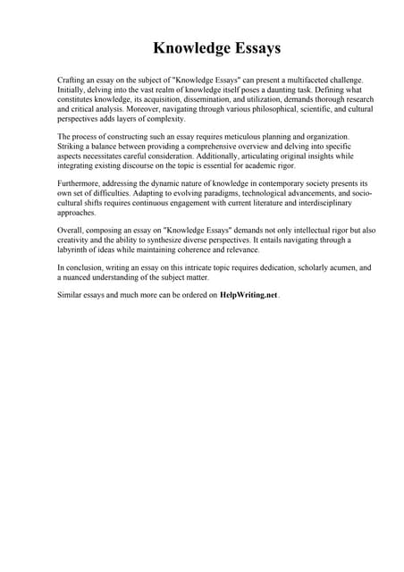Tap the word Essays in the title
[253, 47]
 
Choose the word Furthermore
[82, 182]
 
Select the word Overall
[72, 230]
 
